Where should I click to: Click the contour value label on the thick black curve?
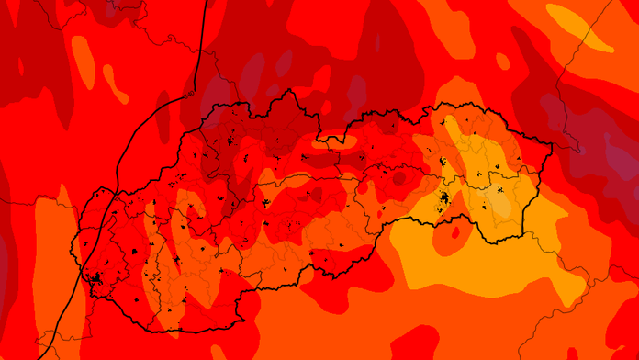190,94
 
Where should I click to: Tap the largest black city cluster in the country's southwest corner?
95,278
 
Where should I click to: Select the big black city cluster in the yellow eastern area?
444,198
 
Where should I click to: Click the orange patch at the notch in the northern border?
340,140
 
